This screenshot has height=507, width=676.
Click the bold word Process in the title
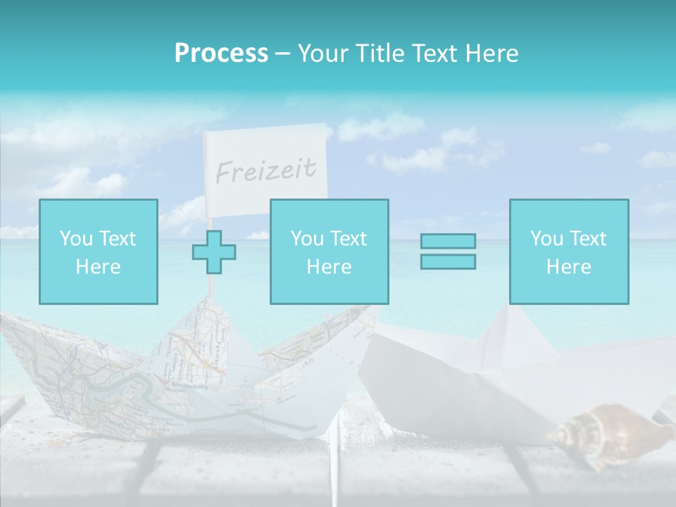pyautogui.click(x=221, y=54)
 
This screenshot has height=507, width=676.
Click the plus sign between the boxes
pyautogui.click(x=214, y=252)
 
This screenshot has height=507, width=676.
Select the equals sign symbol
pyautogui.click(x=448, y=251)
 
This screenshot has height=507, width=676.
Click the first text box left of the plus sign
pyautogui.click(x=98, y=251)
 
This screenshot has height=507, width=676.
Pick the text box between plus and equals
pyautogui.click(x=329, y=251)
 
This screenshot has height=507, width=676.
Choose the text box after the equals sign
pyautogui.click(x=568, y=251)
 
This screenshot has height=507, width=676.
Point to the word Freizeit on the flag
pyautogui.click(x=265, y=170)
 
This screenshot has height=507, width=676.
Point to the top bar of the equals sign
pyautogui.click(x=448, y=242)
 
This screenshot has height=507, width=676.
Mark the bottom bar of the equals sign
pyautogui.click(x=448, y=261)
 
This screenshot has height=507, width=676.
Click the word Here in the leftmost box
pyautogui.click(x=98, y=266)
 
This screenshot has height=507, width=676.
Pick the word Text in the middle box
pyautogui.click(x=349, y=239)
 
